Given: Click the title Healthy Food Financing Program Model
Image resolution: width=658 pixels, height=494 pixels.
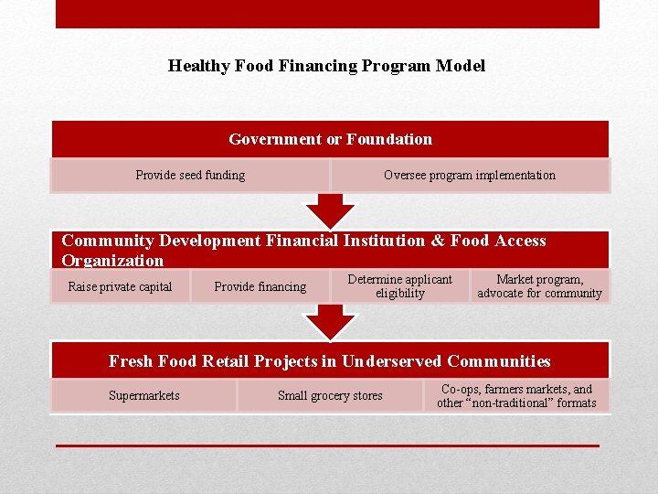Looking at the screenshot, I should (x=326, y=66).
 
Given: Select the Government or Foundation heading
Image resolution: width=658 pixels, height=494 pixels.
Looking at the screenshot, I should (x=330, y=139).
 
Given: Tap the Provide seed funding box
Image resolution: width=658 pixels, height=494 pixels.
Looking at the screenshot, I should (x=190, y=175).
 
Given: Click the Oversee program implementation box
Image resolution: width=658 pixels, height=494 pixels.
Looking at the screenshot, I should (x=469, y=175).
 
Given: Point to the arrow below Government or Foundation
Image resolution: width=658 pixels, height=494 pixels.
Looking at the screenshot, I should (x=330, y=211).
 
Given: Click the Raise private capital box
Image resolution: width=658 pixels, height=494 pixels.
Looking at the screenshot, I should (x=120, y=286).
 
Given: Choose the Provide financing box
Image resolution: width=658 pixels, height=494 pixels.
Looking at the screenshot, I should (x=260, y=286).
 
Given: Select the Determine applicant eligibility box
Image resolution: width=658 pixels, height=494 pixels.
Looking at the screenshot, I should (x=399, y=286).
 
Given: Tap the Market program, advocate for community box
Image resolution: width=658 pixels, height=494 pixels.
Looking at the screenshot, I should (x=539, y=286).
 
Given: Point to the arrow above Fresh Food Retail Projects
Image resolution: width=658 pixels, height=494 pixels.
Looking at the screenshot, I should (x=330, y=322).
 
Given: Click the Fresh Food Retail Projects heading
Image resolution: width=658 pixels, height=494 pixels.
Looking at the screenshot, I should (x=330, y=361).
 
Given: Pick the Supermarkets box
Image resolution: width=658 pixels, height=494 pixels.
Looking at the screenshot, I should (x=143, y=395).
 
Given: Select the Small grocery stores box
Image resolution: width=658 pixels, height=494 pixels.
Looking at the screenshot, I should (x=330, y=395).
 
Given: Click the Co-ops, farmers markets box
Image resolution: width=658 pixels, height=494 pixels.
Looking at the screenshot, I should (x=516, y=395).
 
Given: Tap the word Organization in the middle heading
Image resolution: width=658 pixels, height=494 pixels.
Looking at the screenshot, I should (x=112, y=261).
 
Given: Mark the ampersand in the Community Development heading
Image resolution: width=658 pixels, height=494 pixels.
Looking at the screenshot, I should (x=438, y=241).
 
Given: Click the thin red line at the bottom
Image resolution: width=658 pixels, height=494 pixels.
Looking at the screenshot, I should (x=327, y=446).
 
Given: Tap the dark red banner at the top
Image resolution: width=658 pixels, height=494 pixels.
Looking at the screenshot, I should (x=327, y=14).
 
